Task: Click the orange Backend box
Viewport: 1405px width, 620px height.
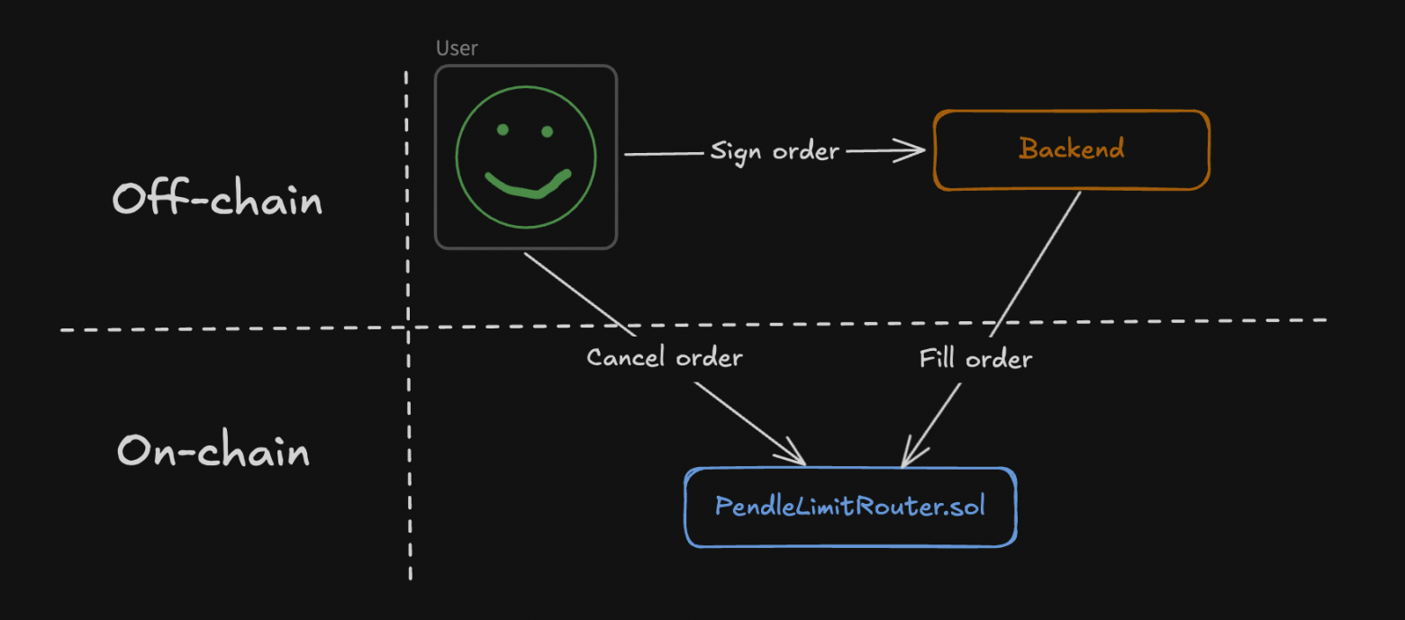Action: (1071, 150)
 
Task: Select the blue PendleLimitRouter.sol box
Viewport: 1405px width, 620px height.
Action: (850, 507)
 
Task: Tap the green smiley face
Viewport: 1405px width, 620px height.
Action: (526, 156)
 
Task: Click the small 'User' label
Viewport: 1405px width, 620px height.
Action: (457, 49)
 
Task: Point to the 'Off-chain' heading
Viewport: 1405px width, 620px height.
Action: (217, 199)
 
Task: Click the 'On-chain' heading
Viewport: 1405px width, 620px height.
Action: (213, 451)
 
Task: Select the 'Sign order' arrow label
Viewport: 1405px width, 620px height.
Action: (775, 151)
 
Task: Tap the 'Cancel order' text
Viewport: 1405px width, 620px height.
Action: (665, 358)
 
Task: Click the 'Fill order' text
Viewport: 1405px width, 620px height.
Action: (975, 360)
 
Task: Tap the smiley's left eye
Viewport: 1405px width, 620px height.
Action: (503, 130)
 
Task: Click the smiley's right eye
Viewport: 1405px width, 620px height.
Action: (547, 131)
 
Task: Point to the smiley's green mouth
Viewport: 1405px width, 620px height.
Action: (529, 185)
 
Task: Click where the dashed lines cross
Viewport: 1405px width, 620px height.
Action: (409, 328)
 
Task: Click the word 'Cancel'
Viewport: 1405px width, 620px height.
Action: (621, 358)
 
